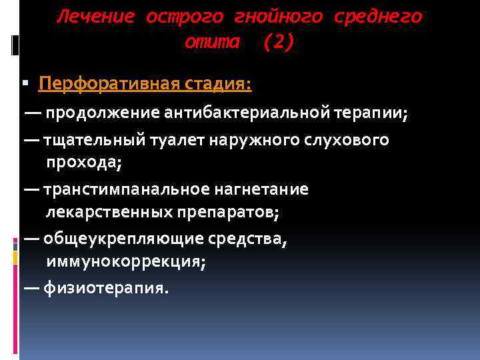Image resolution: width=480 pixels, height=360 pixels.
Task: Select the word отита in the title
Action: click(211, 42)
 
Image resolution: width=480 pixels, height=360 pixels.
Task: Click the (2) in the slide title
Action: click(277, 42)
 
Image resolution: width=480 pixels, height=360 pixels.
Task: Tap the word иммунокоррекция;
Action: click(126, 261)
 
